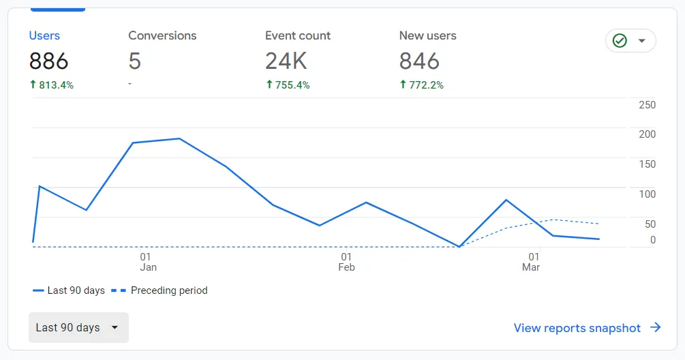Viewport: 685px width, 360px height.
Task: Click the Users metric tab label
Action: coord(44,35)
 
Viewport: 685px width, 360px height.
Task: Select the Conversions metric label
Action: coord(162,35)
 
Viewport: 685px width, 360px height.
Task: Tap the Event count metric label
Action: coord(298,35)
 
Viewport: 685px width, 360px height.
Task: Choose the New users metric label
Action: coord(427,35)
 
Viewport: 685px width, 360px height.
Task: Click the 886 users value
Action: coord(48,61)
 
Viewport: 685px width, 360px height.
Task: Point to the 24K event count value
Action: coord(286,61)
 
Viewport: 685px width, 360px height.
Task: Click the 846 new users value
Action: coord(419,61)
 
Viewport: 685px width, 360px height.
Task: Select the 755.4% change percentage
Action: coord(288,85)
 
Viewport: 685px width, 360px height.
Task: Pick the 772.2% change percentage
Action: coord(421,85)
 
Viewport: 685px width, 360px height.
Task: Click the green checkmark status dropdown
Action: coord(630,41)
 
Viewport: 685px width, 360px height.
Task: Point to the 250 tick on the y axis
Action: coord(647,105)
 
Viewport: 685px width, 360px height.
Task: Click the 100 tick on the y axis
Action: coord(647,194)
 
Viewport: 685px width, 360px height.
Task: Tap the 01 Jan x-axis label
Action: coord(148,262)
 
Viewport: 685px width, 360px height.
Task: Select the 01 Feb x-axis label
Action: coord(346,262)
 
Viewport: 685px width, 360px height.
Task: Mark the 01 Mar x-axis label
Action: coord(530,262)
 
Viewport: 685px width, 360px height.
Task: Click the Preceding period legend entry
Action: coord(168,290)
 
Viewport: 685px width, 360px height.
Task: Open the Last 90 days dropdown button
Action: coord(78,328)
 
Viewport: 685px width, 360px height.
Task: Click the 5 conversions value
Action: coord(135,61)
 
